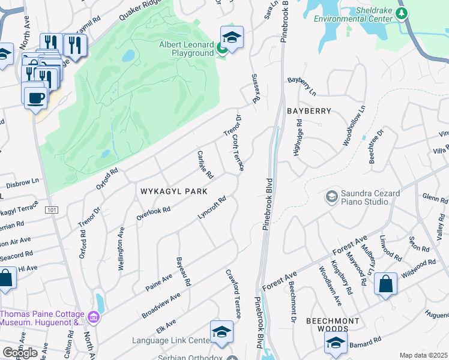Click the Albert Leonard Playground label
[186, 49]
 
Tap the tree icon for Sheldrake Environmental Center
[403, 13]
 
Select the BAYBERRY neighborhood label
[309, 111]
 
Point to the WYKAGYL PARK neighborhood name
[173, 191]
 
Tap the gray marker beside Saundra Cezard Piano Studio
[331, 196]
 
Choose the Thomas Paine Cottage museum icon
[93, 316]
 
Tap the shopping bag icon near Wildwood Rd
[386, 284]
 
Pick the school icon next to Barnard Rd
[336, 343]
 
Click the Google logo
[20, 353]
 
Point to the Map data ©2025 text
[423, 355]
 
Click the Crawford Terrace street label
[233, 293]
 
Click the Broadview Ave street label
[161, 306]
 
